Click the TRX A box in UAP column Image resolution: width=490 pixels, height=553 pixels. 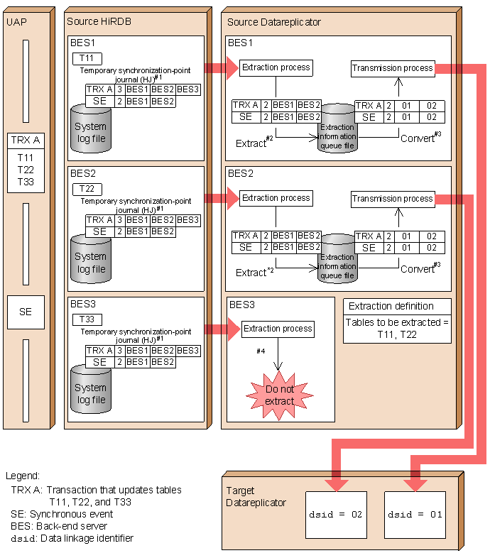(x=26, y=141)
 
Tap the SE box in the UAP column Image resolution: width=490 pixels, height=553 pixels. (x=26, y=312)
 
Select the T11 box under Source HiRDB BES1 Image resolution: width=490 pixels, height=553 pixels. (x=87, y=58)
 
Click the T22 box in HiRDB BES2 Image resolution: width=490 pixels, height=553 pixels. (x=87, y=189)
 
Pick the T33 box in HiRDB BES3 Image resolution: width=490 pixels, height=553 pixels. (x=87, y=319)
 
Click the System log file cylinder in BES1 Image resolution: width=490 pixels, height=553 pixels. (x=91, y=129)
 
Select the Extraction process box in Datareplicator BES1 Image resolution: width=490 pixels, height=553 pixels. (x=276, y=67)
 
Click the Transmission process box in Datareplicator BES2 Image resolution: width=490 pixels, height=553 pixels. (x=393, y=199)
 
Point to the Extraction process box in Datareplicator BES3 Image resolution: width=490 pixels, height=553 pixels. (x=278, y=329)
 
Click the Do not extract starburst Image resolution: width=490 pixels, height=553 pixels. (x=279, y=395)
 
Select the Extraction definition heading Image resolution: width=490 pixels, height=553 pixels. (x=391, y=306)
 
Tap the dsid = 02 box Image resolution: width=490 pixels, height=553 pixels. (x=336, y=515)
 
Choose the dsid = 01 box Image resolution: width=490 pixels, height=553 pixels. (x=415, y=515)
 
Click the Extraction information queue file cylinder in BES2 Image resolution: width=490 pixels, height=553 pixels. (x=337, y=258)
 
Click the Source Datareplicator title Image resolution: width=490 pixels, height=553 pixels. (x=273, y=22)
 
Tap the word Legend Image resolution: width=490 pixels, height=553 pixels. (x=23, y=476)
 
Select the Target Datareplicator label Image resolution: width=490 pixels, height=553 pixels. (x=256, y=497)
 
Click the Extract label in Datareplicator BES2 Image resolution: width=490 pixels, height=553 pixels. (x=254, y=272)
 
